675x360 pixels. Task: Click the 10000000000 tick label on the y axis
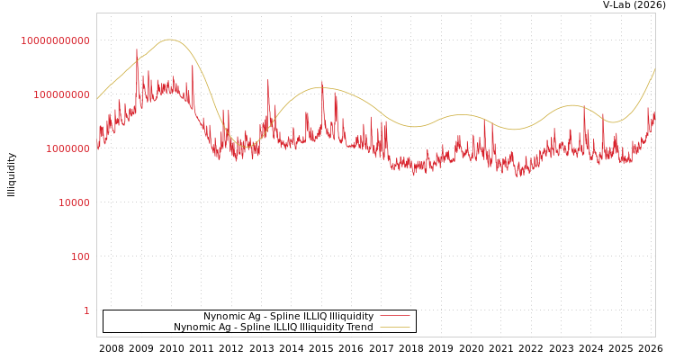(x=56, y=40)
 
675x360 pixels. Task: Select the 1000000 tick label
(x=67, y=148)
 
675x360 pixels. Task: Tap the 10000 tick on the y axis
(x=74, y=202)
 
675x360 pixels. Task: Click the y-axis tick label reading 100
(x=80, y=256)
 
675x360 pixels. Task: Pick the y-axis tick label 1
(x=86, y=310)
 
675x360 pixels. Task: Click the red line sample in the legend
(x=394, y=316)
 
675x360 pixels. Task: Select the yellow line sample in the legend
(x=394, y=327)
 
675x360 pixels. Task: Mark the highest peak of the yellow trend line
(x=169, y=40)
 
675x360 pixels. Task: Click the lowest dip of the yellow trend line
(x=247, y=145)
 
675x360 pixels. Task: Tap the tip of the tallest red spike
(x=137, y=49)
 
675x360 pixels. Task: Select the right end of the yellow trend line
(x=654, y=69)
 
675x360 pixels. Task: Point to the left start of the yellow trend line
(x=97, y=99)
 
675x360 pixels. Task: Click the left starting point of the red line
(x=97, y=147)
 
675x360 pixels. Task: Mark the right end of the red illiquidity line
(x=654, y=112)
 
